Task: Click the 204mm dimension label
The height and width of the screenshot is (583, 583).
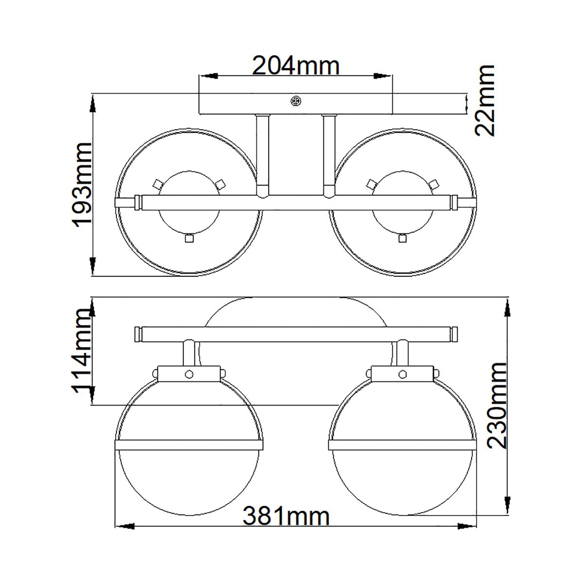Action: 295,66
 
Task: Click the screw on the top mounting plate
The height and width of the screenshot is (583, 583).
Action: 295,101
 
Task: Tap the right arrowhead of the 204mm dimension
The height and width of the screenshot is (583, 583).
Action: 384,76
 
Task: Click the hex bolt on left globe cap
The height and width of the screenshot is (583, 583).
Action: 189,375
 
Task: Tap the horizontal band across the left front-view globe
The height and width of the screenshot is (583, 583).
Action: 189,445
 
